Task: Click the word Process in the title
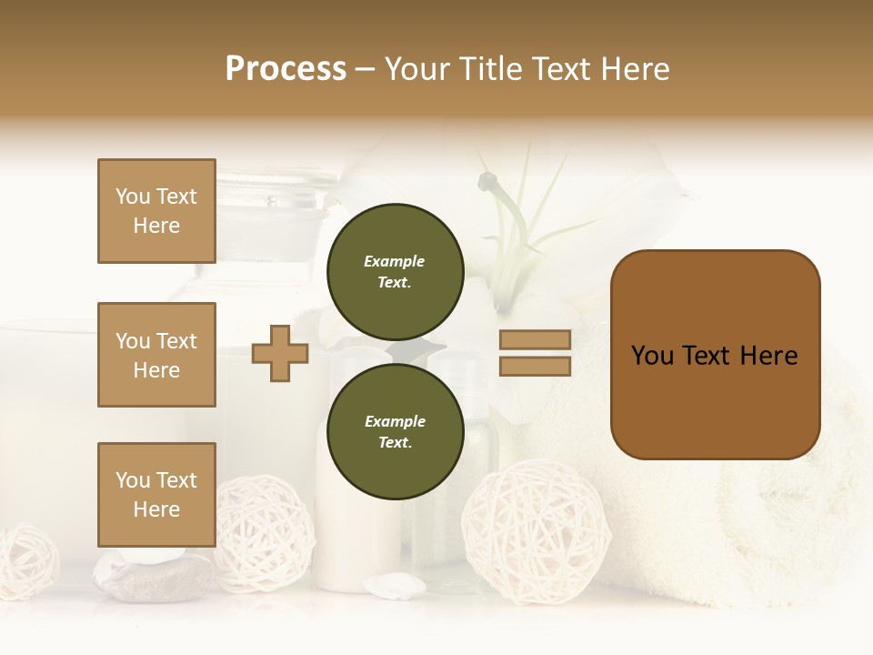tap(286, 69)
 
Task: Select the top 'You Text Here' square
tap(156, 211)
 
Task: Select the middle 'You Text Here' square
tap(156, 355)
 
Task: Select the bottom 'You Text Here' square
tap(156, 495)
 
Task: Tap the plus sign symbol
tap(280, 354)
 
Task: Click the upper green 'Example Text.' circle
tap(395, 271)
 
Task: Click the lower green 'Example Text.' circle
tap(395, 431)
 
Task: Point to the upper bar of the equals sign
tap(535, 340)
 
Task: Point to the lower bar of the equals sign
tap(535, 366)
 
